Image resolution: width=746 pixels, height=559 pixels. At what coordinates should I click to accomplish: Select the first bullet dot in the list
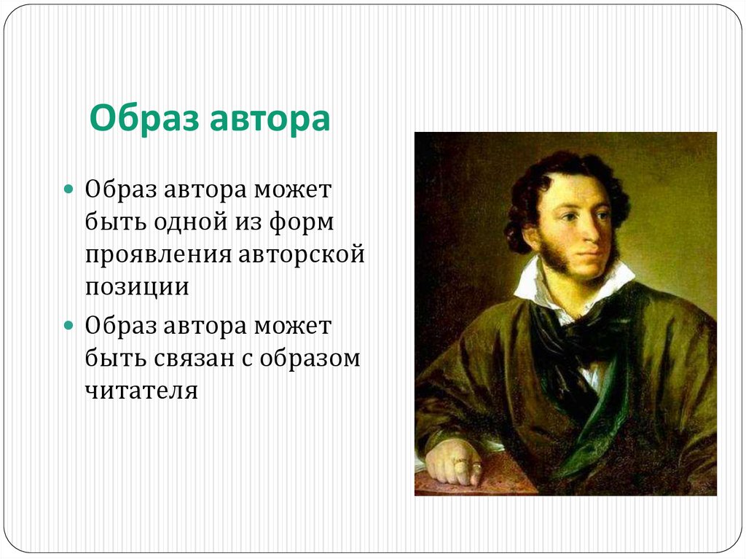[69, 189]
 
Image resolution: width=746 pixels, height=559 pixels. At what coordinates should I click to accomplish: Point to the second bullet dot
[69, 323]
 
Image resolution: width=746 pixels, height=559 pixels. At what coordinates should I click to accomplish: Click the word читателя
[141, 389]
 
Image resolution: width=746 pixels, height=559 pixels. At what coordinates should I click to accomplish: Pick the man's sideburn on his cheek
[551, 251]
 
